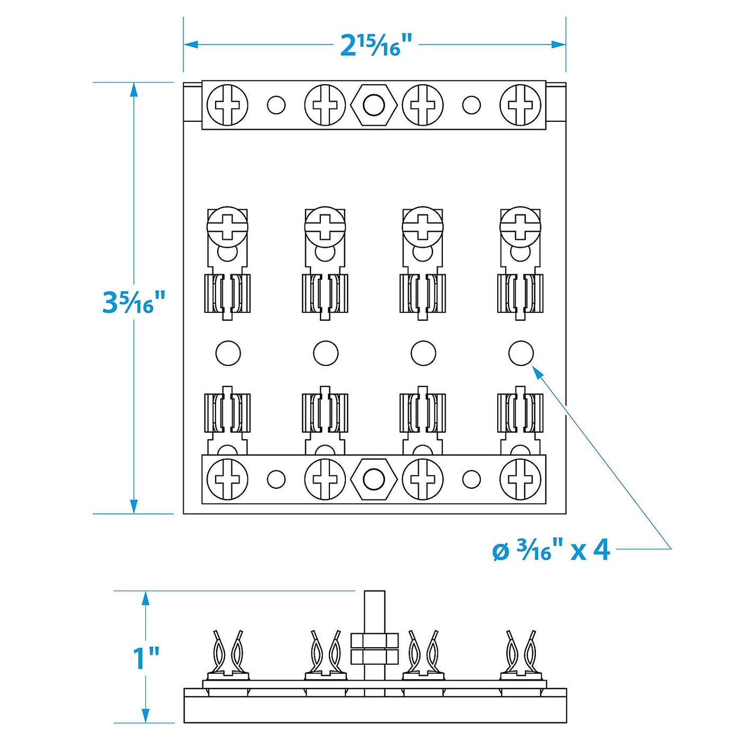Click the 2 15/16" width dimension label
click(x=376, y=45)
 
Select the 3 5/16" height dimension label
click(x=134, y=302)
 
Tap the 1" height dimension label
click(x=146, y=658)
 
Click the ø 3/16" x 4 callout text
click(x=551, y=551)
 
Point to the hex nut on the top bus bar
click(x=374, y=105)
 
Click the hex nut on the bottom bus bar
click(x=374, y=479)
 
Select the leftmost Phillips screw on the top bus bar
click(x=227, y=105)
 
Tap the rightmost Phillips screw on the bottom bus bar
click(x=521, y=479)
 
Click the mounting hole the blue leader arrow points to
click(x=521, y=353)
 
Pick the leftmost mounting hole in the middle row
click(x=228, y=353)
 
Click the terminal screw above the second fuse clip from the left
click(x=325, y=227)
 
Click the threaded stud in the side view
click(x=374, y=609)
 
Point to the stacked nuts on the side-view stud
click(x=374, y=649)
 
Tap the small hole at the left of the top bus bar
click(x=276, y=105)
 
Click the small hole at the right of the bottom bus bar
click(x=471, y=479)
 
